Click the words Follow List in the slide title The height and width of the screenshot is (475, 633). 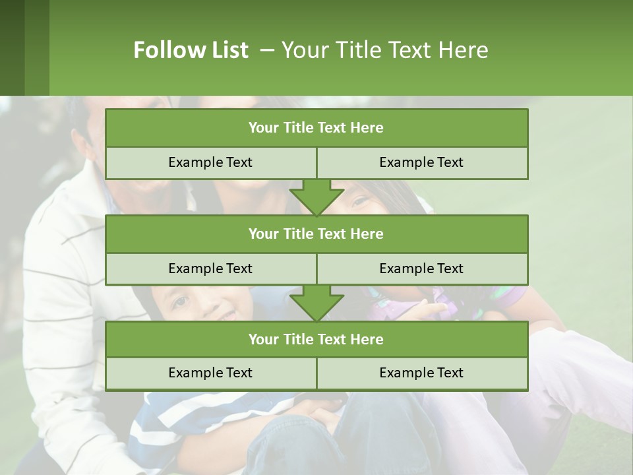pos(191,50)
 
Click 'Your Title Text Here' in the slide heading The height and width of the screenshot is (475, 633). pos(384,50)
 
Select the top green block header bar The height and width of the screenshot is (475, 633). pos(316,128)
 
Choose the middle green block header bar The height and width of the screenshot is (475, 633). pos(316,234)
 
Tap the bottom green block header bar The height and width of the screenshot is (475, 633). pos(316,339)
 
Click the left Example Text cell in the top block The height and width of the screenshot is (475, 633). pos(210,162)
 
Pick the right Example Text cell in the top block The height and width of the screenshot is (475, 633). pos(421,162)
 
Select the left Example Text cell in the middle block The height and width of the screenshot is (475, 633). pos(210,269)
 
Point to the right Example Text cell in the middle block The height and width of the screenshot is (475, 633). pos(421,269)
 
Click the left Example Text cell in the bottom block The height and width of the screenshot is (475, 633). pos(210,373)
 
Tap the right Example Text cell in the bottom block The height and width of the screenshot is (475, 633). pos(421,373)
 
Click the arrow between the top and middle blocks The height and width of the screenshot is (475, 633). pos(316,197)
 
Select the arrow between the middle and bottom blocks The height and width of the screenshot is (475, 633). pos(316,302)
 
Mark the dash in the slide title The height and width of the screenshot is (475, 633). pos(267,50)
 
